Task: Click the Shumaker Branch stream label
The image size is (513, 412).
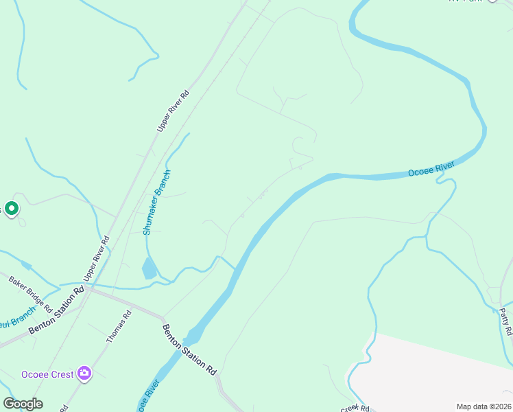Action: click(156, 203)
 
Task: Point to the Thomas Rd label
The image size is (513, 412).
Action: click(118, 327)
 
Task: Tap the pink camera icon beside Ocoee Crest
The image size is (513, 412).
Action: click(84, 374)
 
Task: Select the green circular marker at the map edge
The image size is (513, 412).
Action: click(11, 207)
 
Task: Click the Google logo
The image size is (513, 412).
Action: click(23, 403)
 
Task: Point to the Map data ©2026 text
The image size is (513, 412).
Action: click(484, 407)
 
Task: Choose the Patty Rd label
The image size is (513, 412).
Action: click(506, 321)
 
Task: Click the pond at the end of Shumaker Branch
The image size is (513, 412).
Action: click(149, 268)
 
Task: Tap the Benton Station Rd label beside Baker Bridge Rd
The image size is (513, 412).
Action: click(56, 311)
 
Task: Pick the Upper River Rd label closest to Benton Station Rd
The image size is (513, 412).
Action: click(96, 258)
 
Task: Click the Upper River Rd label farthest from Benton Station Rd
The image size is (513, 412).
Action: click(173, 111)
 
